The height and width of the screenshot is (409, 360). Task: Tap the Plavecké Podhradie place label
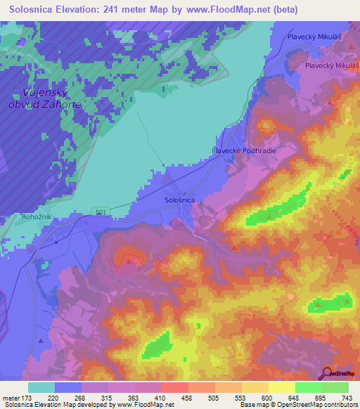point(243,150)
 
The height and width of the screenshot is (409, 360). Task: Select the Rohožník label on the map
point(21,216)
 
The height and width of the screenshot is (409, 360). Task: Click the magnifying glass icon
point(327,372)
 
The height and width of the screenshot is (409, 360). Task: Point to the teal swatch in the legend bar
point(41,387)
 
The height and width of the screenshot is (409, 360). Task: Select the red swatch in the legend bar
point(174,387)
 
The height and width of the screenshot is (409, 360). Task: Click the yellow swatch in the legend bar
point(281,387)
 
